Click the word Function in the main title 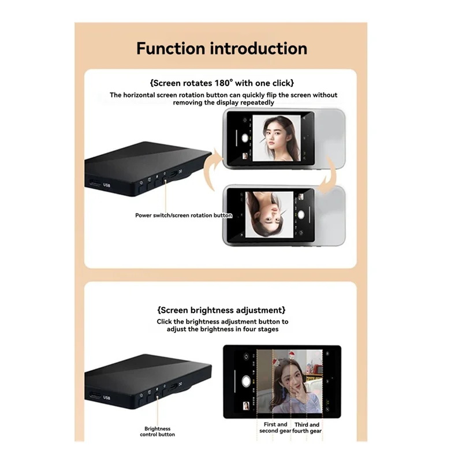[x=170, y=49]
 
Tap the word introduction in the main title [x=259, y=49]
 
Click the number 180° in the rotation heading [x=224, y=83]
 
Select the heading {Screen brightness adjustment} [x=221, y=310]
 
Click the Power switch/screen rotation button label [x=184, y=215]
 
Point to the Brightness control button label [x=157, y=431]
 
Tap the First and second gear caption [x=275, y=427]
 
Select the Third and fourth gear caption [x=307, y=428]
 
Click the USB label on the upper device [x=107, y=185]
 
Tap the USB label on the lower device [x=107, y=397]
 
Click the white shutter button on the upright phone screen [x=244, y=138]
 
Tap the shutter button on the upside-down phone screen [x=301, y=215]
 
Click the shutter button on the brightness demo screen [x=246, y=381]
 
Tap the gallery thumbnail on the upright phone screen [x=245, y=156]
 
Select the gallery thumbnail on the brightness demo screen [x=246, y=406]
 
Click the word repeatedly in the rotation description [x=258, y=103]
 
